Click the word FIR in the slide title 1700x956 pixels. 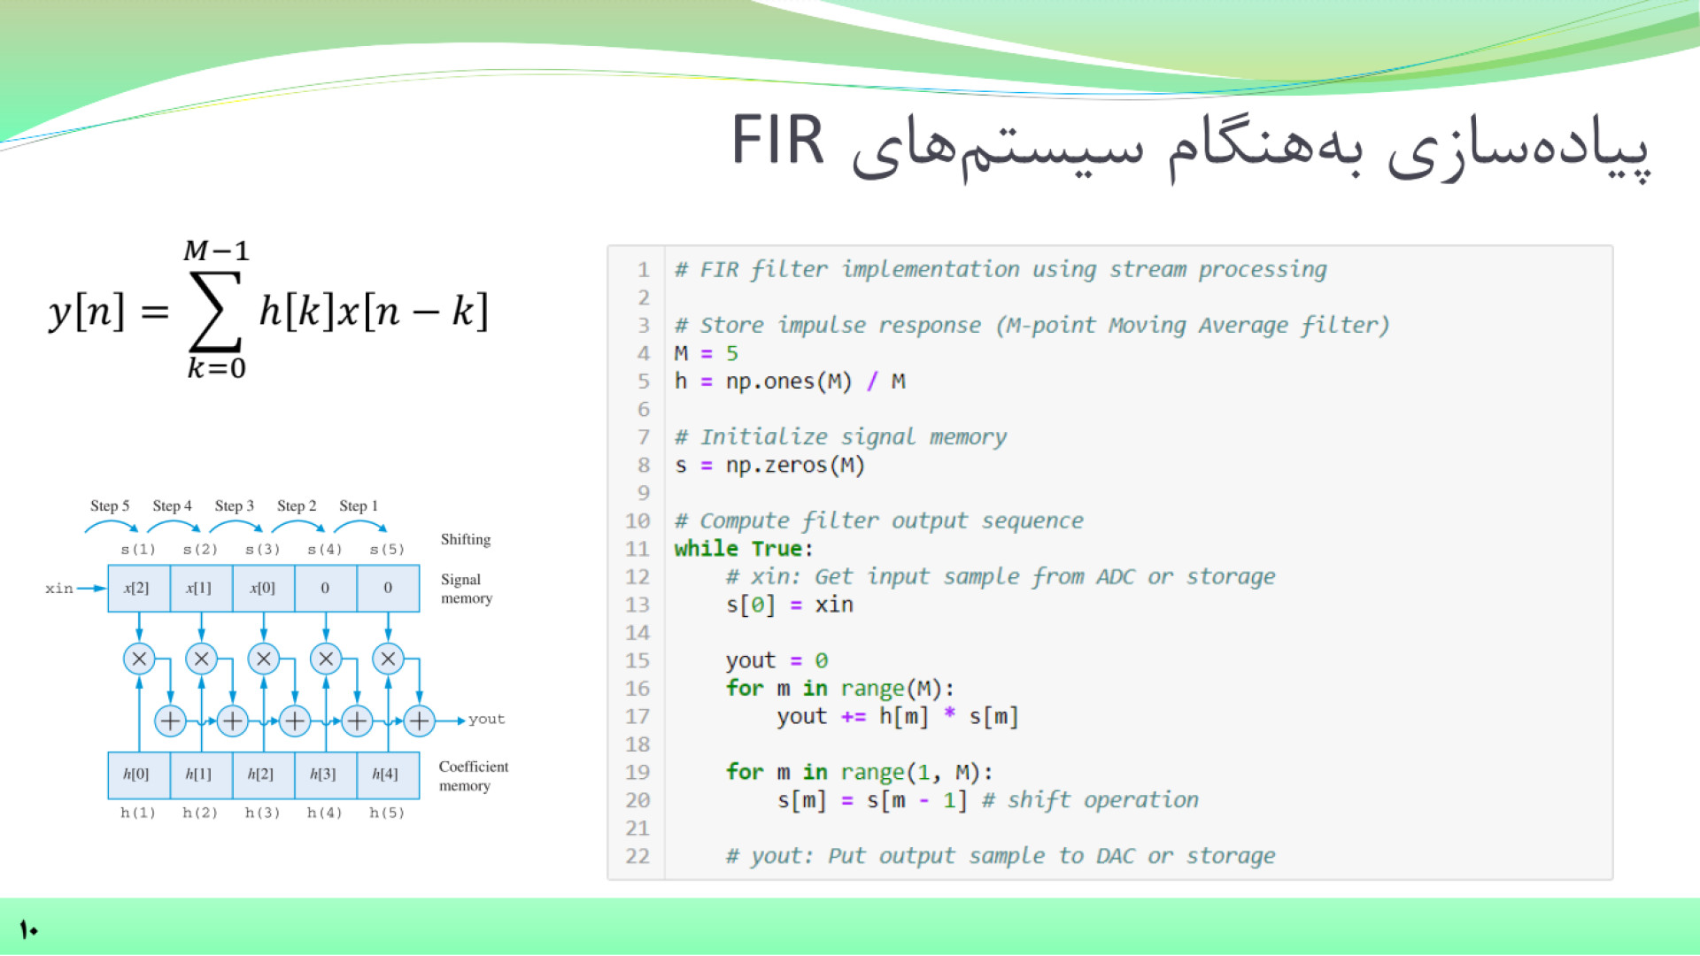pos(777,141)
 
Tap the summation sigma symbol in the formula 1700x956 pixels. pos(215,311)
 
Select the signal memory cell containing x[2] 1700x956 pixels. pos(138,588)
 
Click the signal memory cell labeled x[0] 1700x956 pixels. pos(263,588)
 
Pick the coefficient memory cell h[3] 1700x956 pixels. pos(324,775)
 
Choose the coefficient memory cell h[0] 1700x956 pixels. pos(137,775)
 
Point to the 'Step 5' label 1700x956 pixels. pos(110,505)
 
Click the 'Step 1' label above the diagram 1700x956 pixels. pos(359,505)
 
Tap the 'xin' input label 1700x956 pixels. pos(59,589)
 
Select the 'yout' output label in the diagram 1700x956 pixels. pos(487,720)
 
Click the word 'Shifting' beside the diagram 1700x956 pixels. pos(466,539)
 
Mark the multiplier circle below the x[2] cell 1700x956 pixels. pos(139,659)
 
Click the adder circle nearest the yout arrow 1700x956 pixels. pos(419,721)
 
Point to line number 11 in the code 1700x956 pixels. pos(637,549)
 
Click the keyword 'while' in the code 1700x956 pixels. pos(706,549)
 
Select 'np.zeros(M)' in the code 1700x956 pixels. pos(795,465)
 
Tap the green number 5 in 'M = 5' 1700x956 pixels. pos(732,353)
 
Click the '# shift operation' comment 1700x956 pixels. pos(1090,800)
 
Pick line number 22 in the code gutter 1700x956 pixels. pos(637,856)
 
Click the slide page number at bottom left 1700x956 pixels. pos(28,929)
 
